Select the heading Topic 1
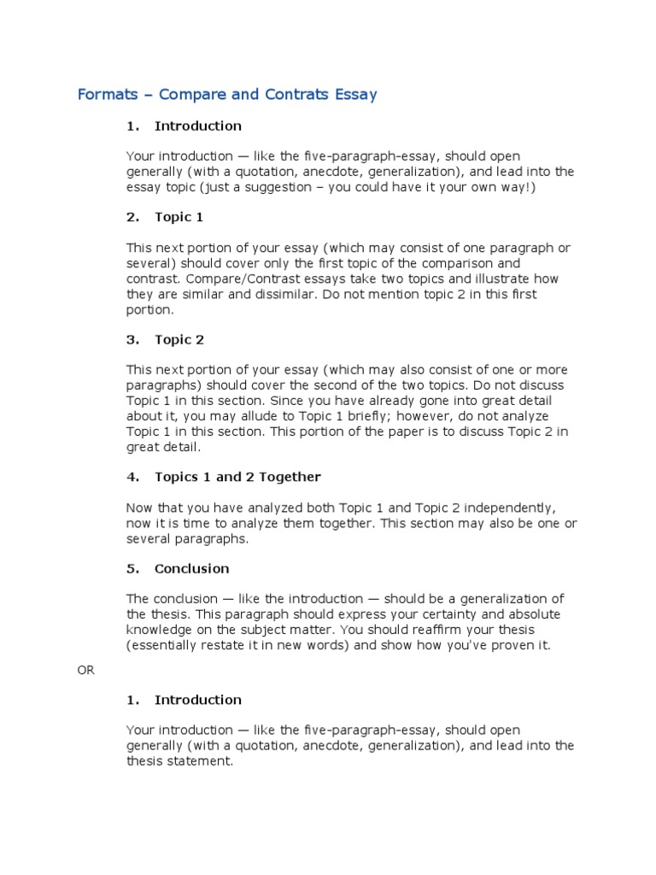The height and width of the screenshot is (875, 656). point(179,217)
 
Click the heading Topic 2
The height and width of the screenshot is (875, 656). point(179,339)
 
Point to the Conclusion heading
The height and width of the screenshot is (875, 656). point(191,568)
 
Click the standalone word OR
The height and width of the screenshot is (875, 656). point(86,670)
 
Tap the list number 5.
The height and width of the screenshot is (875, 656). point(132,568)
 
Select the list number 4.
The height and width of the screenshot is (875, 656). point(132,477)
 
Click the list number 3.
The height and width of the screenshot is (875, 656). point(132,339)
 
